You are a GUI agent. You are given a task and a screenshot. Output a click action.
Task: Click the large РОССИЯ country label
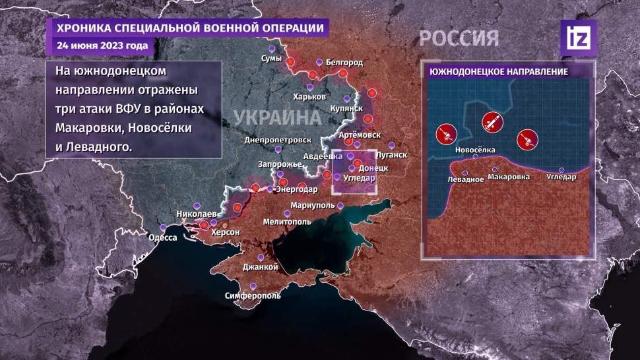tap(460, 38)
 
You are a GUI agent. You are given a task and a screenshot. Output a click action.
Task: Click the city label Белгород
tap(344, 63)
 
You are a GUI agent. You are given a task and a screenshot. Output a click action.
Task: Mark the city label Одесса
tap(162, 238)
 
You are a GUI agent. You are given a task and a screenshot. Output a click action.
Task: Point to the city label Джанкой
tap(260, 266)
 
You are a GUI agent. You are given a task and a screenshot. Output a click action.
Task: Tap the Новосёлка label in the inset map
tap(474, 150)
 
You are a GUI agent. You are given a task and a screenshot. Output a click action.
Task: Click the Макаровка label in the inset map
tap(508, 177)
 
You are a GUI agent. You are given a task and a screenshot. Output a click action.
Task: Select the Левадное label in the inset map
tap(466, 180)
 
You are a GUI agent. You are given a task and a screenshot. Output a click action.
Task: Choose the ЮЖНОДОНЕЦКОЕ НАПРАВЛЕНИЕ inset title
tap(499, 71)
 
